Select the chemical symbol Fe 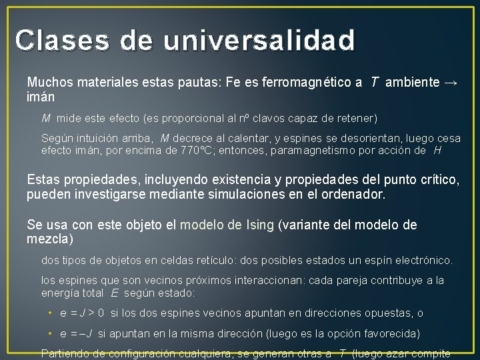pyautogui.click(x=233, y=83)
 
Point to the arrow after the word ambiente pyautogui.click(x=451, y=83)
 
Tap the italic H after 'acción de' pyautogui.click(x=437, y=151)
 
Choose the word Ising pyautogui.click(x=259, y=225)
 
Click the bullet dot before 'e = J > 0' pyautogui.click(x=50, y=313)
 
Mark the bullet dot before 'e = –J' pyautogui.click(x=50, y=333)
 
